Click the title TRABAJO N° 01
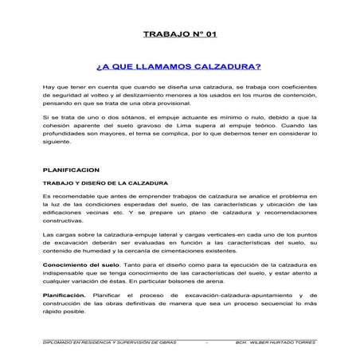click(x=179, y=34)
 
